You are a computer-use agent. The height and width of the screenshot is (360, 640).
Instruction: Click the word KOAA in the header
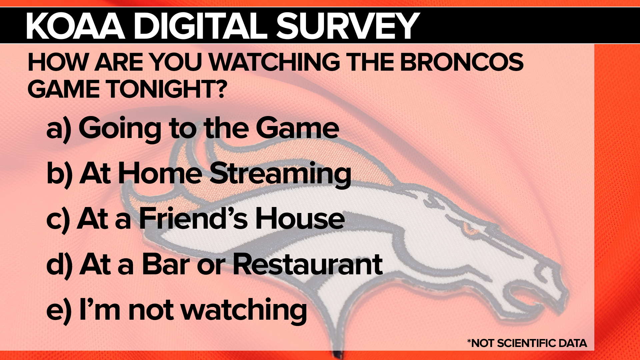click(76, 26)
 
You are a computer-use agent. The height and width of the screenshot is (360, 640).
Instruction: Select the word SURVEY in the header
click(348, 26)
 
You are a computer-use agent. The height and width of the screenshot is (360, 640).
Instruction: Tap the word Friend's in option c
click(193, 218)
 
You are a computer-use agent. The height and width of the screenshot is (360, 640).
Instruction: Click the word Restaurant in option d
click(307, 264)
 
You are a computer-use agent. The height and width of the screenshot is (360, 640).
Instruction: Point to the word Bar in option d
click(166, 264)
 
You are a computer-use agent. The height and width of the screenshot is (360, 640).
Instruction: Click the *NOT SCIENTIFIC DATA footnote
click(527, 343)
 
